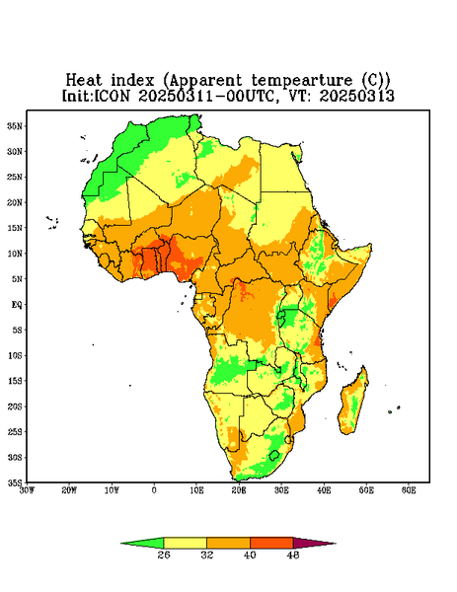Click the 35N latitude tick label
tap(15, 125)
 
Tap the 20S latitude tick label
tap(15, 407)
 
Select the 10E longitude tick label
tap(196, 490)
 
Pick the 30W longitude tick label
tap(27, 490)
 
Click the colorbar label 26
tap(164, 555)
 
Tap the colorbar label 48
tap(293, 555)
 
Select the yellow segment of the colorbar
tap(185, 543)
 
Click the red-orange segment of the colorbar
tap(271, 543)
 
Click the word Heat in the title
tap(84, 81)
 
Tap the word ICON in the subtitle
tap(112, 96)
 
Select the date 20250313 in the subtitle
tap(356, 96)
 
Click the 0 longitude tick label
tap(154, 490)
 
